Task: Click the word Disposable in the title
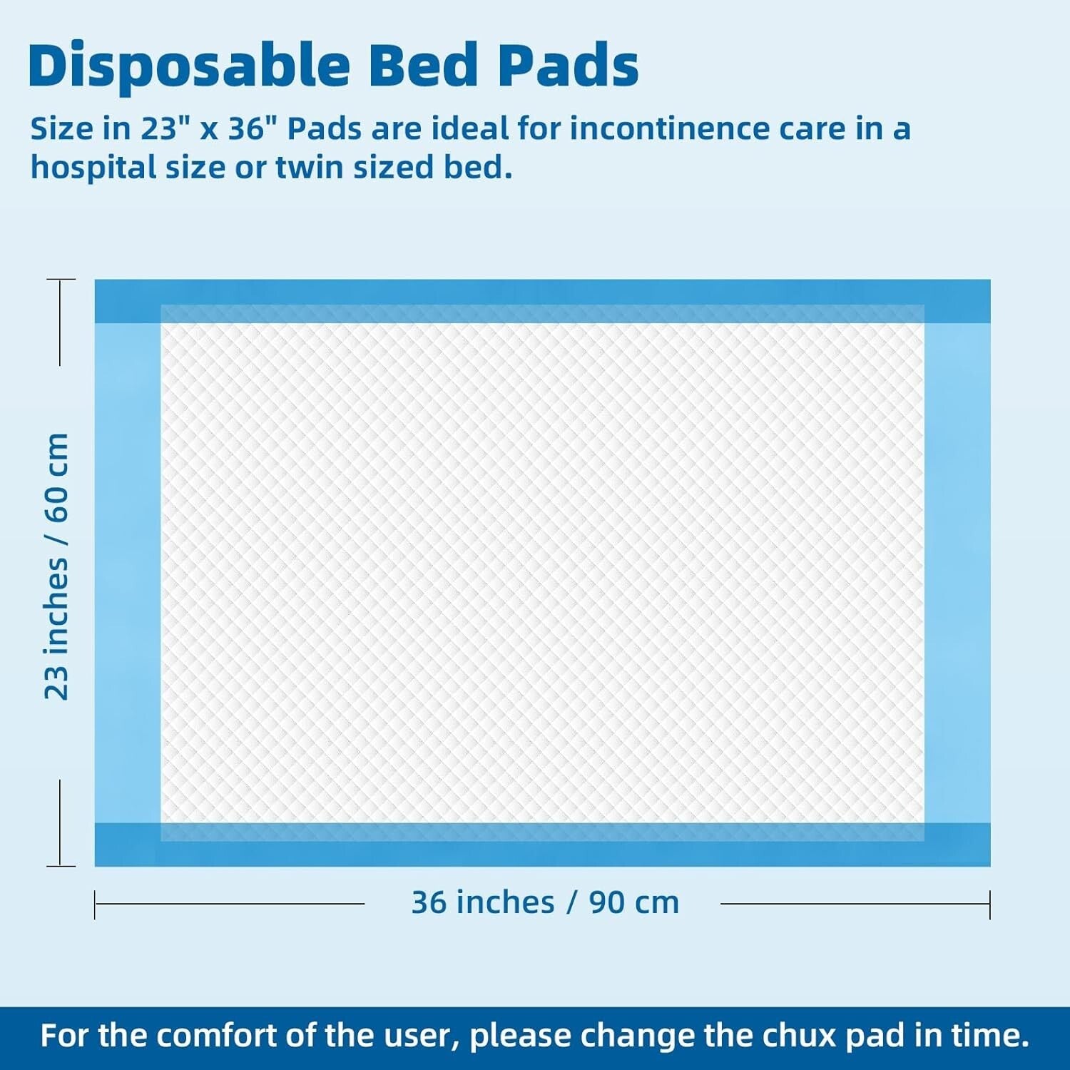[x=189, y=66]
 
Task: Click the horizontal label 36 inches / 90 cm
[x=545, y=902]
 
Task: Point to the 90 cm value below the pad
[x=633, y=902]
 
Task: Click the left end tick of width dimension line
[x=95, y=904]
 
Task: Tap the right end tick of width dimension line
[x=989, y=904]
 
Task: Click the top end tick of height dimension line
[x=61, y=280]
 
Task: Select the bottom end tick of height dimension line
[x=61, y=866]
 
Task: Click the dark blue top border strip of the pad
[x=542, y=292]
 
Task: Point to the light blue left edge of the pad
[x=127, y=571]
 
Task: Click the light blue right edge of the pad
[x=957, y=571]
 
